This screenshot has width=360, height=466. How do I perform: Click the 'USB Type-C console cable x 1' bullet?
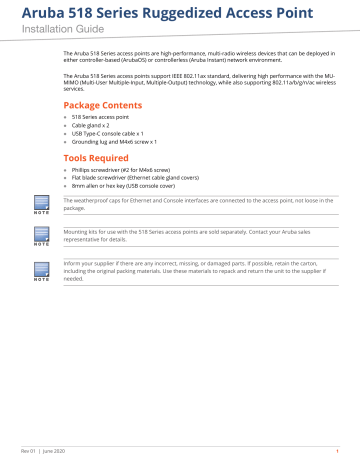tap(115, 134)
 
